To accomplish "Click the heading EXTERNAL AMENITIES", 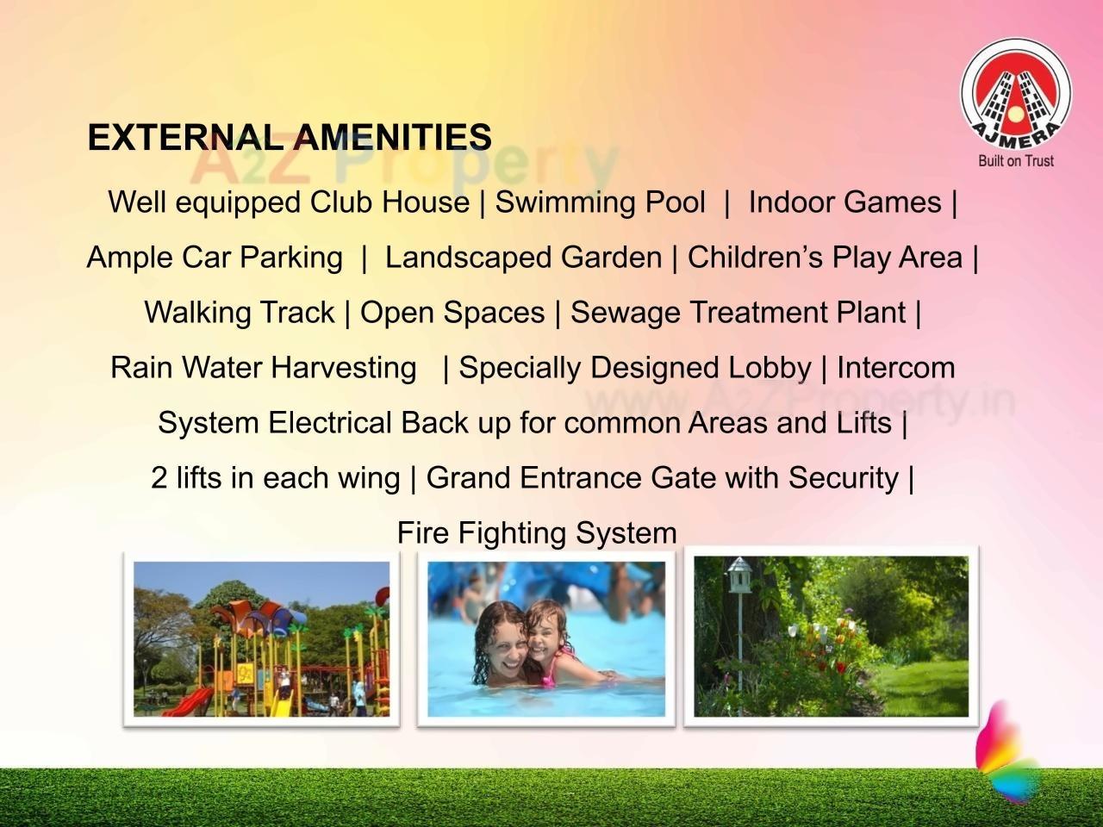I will (290, 138).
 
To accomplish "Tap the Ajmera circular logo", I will (1016, 93).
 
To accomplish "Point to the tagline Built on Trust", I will (1016, 160).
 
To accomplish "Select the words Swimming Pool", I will (600, 202).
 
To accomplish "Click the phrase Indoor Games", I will (844, 202).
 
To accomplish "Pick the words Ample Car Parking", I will (215, 258).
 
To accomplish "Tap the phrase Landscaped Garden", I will (523, 258).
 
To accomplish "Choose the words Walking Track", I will (239, 313).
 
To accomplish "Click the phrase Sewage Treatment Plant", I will (738, 313).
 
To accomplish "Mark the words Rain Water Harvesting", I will (263, 368).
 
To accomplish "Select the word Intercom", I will (895, 368).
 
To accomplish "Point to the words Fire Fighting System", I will (537, 533).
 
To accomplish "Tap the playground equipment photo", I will (261, 638).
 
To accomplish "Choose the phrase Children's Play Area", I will (825, 258).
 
